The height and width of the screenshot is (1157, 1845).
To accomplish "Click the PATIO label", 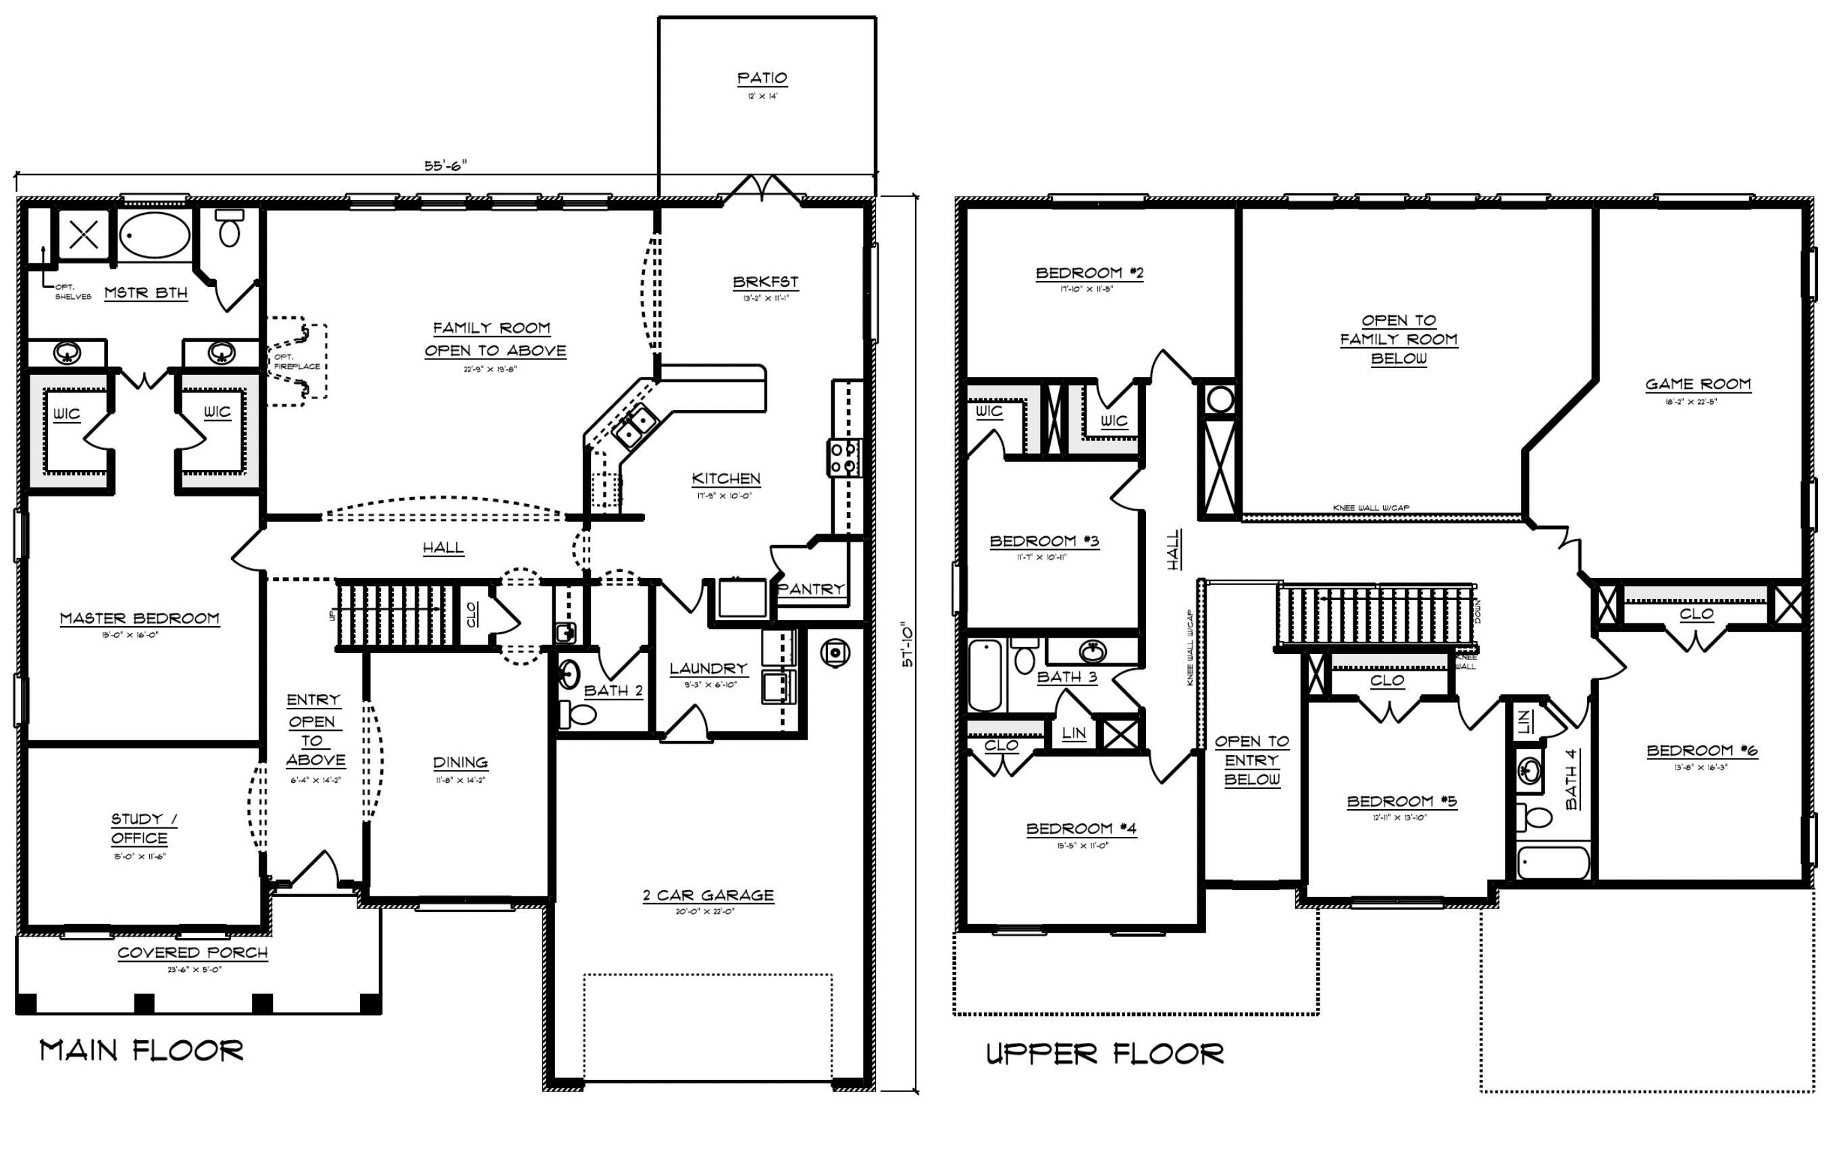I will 762,78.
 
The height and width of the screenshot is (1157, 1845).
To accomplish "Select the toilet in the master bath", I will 230,228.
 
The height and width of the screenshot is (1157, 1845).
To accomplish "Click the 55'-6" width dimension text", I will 445,165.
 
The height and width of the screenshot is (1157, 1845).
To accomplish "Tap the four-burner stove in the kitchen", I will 844,457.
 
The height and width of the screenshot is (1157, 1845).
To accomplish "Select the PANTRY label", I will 811,589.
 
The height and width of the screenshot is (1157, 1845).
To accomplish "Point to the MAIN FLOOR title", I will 142,1051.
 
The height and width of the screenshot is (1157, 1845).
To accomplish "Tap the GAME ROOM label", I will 1697,384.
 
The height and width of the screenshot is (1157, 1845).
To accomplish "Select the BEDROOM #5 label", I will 1401,801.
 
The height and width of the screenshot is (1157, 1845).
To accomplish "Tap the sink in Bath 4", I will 1530,771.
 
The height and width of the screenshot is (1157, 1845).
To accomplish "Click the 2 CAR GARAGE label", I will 708,896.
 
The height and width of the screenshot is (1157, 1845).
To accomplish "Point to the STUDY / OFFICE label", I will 142,828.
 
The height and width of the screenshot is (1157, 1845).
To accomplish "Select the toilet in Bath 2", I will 581,715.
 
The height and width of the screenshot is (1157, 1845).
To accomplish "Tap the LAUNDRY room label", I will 708,669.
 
